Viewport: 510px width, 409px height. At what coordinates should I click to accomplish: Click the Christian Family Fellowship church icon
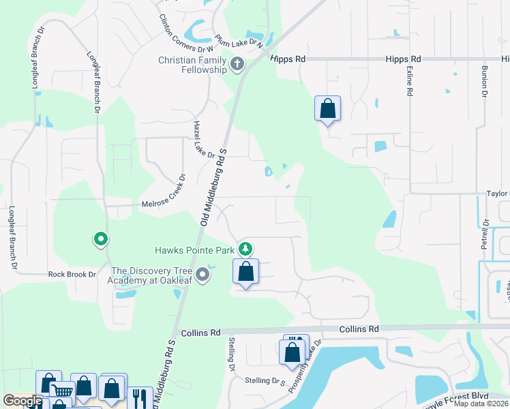pos(237,65)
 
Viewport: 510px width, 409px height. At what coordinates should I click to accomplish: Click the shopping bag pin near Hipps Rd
pos(327,108)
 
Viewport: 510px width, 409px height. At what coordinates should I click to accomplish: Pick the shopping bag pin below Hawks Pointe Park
pos(246,271)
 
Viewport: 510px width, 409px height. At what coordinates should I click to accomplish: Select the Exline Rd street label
pos(410,82)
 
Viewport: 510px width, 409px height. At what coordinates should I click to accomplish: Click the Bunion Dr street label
pos(485,80)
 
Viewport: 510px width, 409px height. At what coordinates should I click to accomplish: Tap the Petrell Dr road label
pos(485,232)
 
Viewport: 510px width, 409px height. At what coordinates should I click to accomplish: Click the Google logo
pos(22,402)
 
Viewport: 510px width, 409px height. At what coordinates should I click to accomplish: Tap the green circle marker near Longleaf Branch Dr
pos(101,239)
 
